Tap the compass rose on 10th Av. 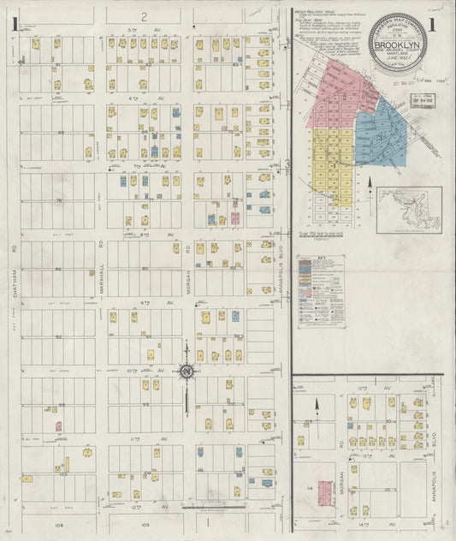click(186, 371)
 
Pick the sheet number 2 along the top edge click(145, 16)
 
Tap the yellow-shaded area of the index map click(329, 163)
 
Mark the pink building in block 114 click(325, 493)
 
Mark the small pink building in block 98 click(58, 425)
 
